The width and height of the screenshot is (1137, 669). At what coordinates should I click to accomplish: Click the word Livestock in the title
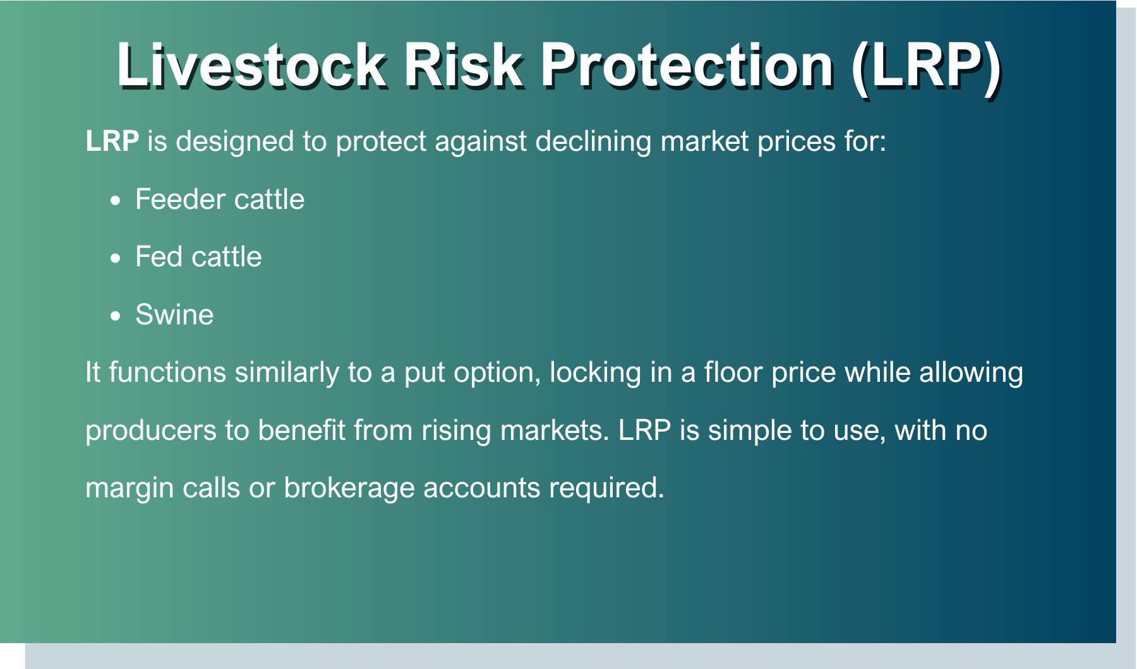251,65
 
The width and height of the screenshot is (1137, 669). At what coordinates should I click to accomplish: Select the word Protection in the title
687,65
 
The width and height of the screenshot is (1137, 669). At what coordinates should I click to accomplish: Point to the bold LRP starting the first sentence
112,141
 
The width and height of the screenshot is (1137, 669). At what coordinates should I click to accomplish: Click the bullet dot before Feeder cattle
115,201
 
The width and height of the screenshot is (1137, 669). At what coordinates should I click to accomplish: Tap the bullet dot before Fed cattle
115,259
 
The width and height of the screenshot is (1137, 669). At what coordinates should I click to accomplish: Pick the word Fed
159,257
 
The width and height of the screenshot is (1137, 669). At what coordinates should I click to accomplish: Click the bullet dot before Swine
115,316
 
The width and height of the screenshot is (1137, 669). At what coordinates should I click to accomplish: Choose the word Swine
174,314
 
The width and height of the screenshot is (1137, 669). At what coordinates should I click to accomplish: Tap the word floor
733,372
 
